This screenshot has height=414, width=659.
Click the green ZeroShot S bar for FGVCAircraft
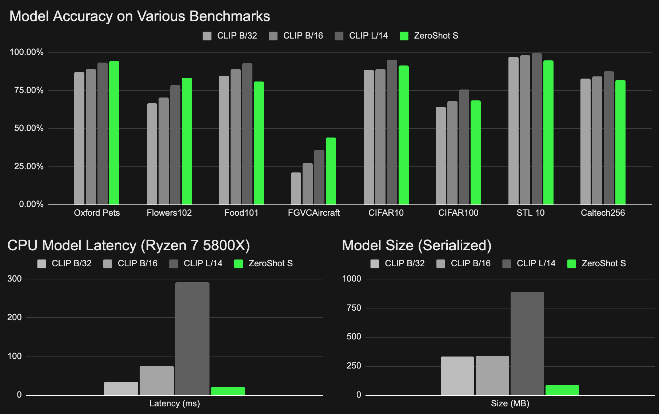[x=331, y=171]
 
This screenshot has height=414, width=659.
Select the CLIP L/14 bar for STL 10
[x=536, y=129]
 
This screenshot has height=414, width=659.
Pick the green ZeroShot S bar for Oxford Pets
[x=114, y=133]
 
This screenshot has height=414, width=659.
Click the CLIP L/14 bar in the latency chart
[x=192, y=338]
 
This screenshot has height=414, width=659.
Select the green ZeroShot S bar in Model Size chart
[x=562, y=390]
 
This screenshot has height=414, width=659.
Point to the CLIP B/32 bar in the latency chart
[x=121, y=389]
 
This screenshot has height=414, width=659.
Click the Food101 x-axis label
[x=241, y=213]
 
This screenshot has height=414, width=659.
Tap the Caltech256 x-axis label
[x=603, y=213]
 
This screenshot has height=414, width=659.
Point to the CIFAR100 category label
[x=458, y=213]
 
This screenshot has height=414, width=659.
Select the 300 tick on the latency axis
[x=15, y=279]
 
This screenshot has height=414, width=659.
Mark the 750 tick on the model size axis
[x=354, y=308]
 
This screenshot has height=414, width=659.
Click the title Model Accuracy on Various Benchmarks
[x=140, y=16]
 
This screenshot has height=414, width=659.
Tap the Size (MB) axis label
[x=510, y=403]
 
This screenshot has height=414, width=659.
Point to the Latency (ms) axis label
[x=175, y=403]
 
